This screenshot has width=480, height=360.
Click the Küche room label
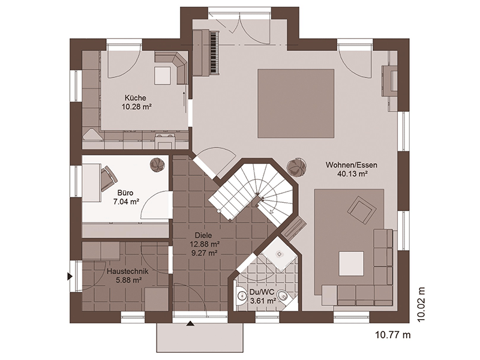point(135,98)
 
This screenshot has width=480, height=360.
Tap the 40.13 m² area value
point(352,174)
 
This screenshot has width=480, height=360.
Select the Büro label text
point(125,193)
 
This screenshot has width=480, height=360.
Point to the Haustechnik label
point(127,271)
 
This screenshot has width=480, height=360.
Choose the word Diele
point(203,235)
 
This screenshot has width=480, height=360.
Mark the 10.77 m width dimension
point(393,335)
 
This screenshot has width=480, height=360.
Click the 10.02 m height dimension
point(422,304)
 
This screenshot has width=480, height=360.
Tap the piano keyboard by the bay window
point(215,52)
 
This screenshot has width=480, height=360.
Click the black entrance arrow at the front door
point(190,323)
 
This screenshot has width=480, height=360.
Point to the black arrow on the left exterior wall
point(70,277)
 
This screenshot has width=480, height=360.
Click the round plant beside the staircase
point(296,167)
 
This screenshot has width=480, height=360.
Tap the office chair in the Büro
point(109,178)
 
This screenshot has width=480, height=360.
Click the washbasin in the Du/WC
point(241,296)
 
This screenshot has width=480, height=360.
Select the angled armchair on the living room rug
point(362,210)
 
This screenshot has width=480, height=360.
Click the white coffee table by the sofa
point(352,264)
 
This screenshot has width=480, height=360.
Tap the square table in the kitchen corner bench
point(163,76)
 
